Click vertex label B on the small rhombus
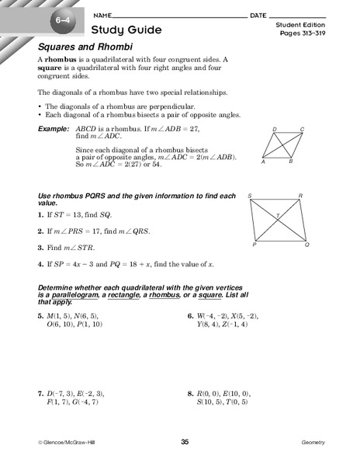point(290,162)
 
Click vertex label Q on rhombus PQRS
point(306,244)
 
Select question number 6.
point(189,316)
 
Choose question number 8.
point(189,394)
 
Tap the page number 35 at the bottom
point(185,442)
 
